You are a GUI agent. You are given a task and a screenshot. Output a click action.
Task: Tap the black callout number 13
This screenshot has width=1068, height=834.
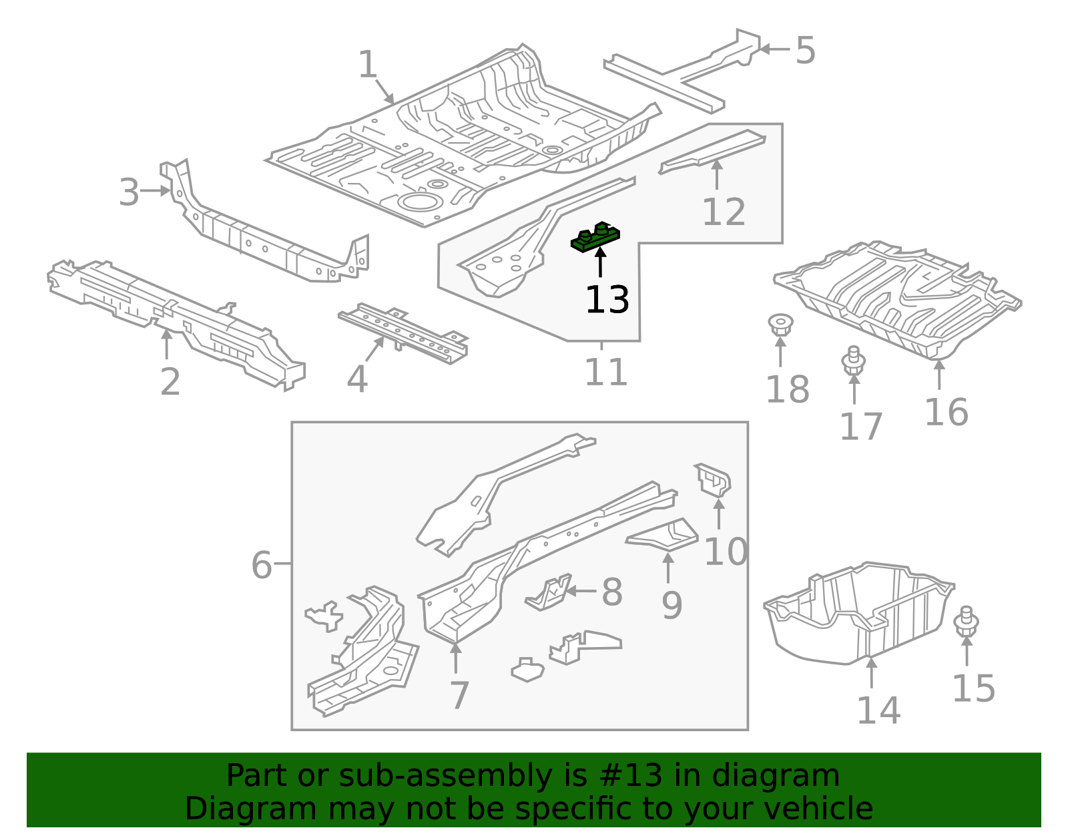[x=607, y=300]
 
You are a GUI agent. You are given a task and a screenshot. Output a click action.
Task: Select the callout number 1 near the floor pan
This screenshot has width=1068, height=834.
[x=368, y=65]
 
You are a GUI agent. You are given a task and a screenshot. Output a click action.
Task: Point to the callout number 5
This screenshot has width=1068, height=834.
[x=806, y=51]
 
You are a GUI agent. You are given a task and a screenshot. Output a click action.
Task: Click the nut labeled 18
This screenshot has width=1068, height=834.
[x=780, y=325]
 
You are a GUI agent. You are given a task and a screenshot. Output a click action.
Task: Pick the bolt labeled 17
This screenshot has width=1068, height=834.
[x=853, y=361]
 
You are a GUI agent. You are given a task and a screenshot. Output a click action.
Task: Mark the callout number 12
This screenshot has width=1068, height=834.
[x=724, y=212]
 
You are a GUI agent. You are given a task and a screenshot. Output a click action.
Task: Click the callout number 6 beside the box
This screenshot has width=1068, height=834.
[x=262, y=565]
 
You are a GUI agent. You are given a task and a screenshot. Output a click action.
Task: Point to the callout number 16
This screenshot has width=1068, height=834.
[x=946, y=412]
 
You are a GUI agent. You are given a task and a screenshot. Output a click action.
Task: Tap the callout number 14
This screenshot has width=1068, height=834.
[x=878, y=710]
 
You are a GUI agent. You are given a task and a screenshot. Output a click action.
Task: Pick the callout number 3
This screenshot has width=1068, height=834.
[x=129, y=192]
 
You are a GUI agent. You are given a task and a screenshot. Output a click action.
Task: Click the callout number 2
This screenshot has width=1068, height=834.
[x=170, y=382]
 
